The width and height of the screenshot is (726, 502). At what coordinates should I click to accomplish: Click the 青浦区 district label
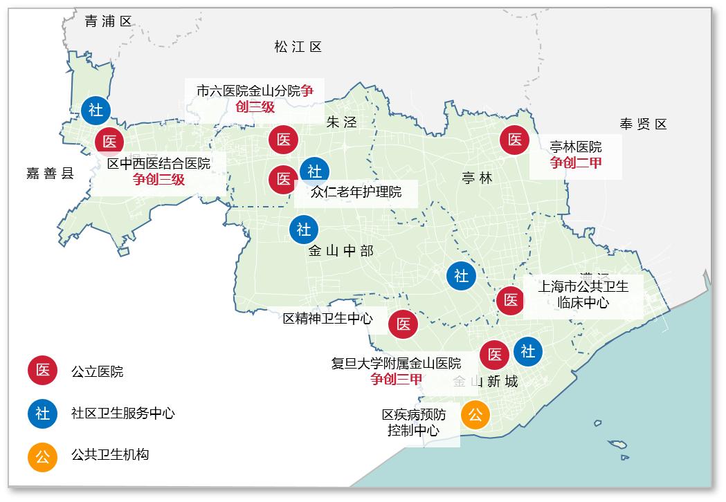click(x=108, y=21)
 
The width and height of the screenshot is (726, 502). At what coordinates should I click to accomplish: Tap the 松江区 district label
click(x=298, y=47)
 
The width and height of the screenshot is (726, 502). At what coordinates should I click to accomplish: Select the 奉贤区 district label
click(x=643, y=124)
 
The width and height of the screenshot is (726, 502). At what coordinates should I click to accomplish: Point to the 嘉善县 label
click(x=50, y=173)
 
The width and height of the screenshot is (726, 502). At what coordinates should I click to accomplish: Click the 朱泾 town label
click(x=341, y=122)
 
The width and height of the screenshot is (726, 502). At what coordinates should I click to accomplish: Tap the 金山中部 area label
click(x=341, y=251)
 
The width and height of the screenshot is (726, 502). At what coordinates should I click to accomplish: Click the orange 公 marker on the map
click(x=475, y=415)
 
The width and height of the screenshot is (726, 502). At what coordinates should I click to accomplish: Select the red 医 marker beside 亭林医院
click(x=515, y=140)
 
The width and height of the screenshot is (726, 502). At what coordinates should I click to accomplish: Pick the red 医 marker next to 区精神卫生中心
click(x=403, y=324)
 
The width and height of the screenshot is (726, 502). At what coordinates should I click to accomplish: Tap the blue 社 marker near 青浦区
click(x=95, y=110)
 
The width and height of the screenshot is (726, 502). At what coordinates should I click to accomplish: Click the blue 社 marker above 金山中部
click(x=304, y=230)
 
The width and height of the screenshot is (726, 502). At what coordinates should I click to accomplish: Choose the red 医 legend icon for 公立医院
click(x=42, y=371)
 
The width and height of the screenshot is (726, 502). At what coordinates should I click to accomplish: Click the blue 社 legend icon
click(x=42, y=413)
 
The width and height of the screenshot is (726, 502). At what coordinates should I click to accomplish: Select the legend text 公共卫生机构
click(x=110, y=455)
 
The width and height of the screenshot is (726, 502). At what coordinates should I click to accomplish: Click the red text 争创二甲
click(x=576, y=162)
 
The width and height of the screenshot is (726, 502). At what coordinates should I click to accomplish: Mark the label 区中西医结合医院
click(x=158, y=163)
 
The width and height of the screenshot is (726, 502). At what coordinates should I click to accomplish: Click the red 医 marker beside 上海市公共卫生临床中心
click(x=511, y=300)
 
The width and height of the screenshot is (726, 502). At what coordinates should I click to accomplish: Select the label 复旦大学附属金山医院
click(x=396, y=363)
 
